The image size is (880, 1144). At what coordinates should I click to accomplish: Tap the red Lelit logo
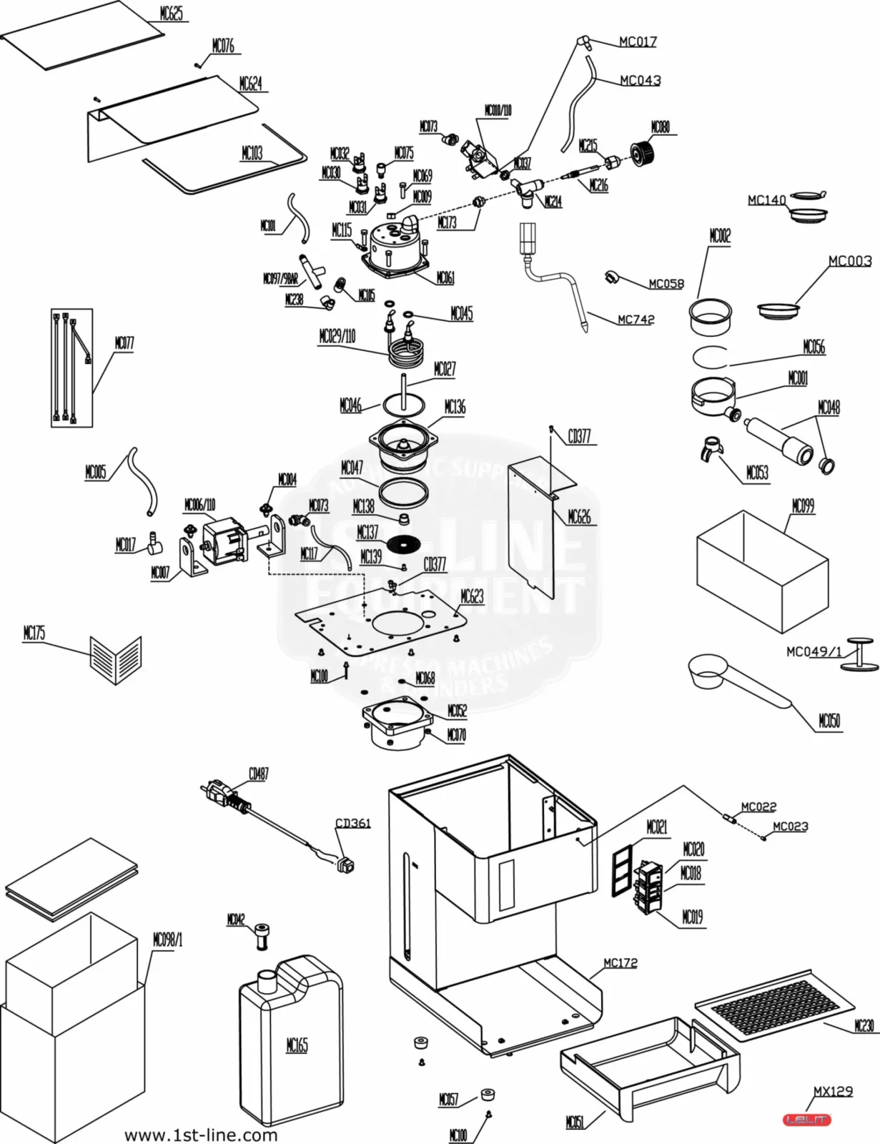click(x=808, y=1120)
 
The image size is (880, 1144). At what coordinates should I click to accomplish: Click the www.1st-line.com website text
click(x=201, y=1135)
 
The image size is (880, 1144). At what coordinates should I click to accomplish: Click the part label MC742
click(x=636, y=319)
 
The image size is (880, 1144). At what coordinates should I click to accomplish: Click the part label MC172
click(x=620, y=962)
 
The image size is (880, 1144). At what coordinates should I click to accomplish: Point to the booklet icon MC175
click(x=116, y=659)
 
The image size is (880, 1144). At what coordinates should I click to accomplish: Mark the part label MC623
click(x=472, y=596)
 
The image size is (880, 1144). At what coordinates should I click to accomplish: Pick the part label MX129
click(x=833, y=1091)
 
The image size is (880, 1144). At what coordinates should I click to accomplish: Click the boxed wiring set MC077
click(x=71, y=368)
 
